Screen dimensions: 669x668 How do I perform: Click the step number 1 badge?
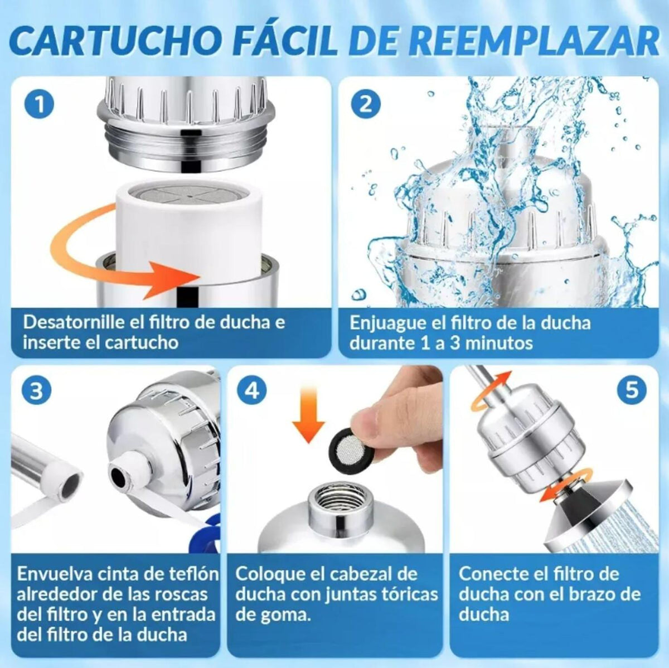pos(40,105)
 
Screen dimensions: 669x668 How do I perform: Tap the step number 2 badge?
pos(365,105)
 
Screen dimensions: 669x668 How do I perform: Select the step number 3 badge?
pos(37,390)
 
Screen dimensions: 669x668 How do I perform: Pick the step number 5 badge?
pos(632,390)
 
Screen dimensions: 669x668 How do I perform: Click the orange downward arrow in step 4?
pos(308,418)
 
